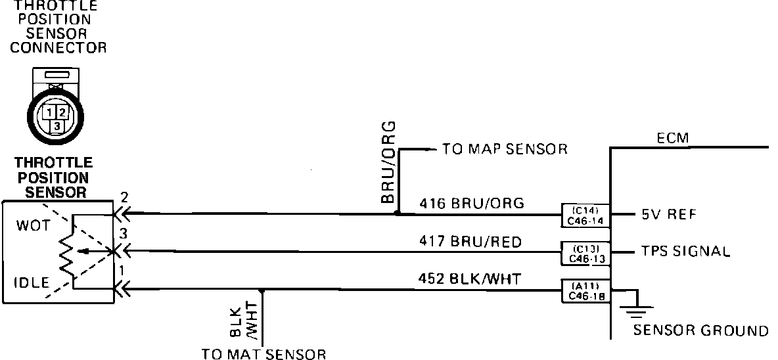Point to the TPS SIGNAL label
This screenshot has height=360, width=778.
tap(685, 251)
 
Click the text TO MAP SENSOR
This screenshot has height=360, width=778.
tap(504, 149)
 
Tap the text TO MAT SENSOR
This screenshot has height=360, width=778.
tap(263, 355)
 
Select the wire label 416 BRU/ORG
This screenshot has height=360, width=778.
tap(472, 203)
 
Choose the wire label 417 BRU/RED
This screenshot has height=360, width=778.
tap(470, 242)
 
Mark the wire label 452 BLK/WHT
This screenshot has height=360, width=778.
tap(469, 279)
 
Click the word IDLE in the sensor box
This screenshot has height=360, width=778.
tap(32, 283)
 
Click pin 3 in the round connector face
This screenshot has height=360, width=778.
tap(58, 124)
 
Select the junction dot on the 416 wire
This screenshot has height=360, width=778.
tap(397, 214)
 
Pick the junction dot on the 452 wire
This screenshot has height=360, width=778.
tap(262, 290)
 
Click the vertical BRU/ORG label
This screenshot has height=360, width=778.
tap(388, 161)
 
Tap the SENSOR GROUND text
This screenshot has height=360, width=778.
tap(700, 330)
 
